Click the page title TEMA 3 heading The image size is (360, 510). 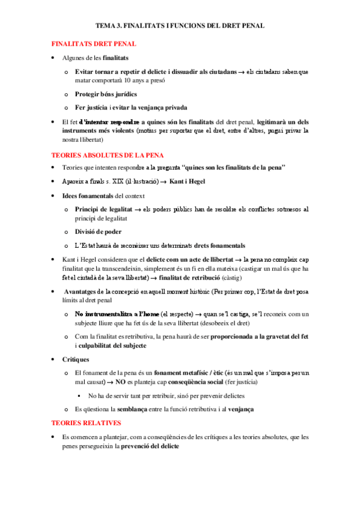pyautogui.click(x=180, y=26)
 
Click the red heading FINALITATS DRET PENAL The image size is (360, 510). pyautogui.click(x=94, y=44)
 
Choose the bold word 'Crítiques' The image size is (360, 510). pyautogui.click(x=76, y=359)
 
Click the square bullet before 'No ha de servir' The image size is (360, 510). pyautogui.click(x=79, y=396)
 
